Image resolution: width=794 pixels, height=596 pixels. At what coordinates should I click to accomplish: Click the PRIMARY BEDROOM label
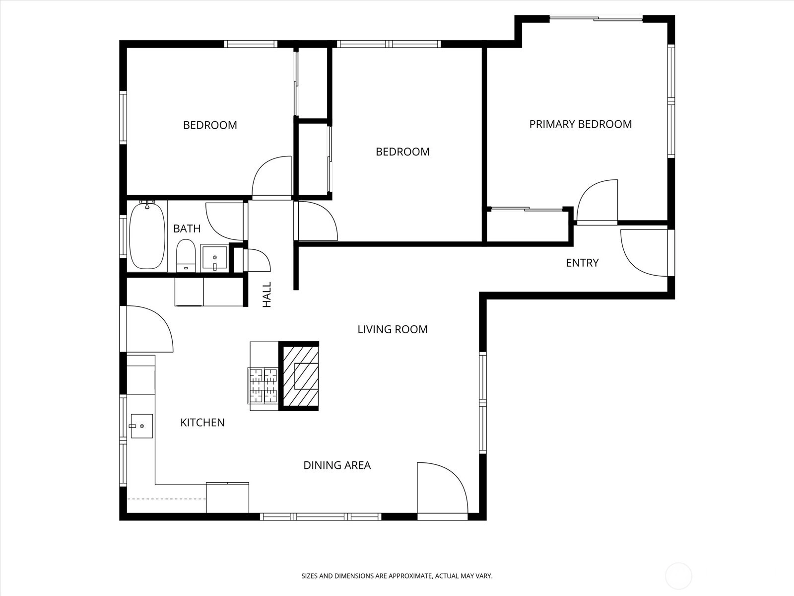[x=581, y=124]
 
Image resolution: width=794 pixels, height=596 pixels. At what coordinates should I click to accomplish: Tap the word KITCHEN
[x=202, y=422]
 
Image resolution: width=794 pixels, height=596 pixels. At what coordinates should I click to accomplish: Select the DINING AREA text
[x=337, y=465]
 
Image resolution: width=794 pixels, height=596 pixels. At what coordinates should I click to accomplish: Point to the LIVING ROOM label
[x=393, y=329]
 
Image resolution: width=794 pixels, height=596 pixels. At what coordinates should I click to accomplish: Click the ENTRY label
[x=583, y=263]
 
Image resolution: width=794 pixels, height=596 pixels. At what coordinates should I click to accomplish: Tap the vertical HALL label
[x=266, y=295]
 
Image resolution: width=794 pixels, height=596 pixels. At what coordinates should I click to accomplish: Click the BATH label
[x=187, y=228]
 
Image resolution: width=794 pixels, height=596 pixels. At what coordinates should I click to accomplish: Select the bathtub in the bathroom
[x=147, y=235]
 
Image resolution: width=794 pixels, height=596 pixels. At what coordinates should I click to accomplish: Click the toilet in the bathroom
[x=186, y=255]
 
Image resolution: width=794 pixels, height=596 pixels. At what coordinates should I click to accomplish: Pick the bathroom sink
[x=214, y=258]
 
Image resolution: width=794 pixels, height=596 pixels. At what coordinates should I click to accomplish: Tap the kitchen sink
[x=141, y=426]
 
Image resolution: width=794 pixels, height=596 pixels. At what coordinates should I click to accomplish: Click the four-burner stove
[x=263, y=385]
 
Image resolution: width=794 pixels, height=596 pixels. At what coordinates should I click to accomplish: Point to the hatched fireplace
[x=299, y=376]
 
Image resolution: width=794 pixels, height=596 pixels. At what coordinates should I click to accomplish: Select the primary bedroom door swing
[x=597, y=201]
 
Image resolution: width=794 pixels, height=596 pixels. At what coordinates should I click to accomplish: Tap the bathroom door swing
[x=224, y=222]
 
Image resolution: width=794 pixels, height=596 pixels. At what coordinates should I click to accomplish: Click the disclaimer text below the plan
[x=397, y=576]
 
